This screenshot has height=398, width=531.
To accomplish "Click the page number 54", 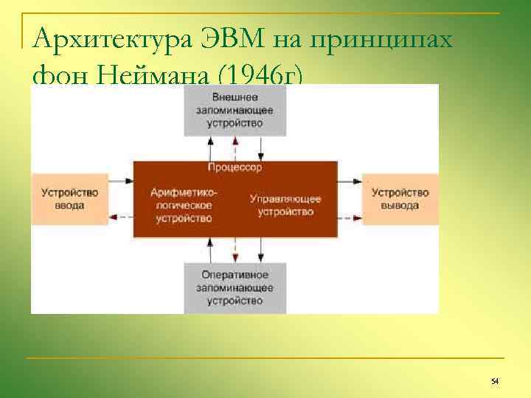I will tap(495, 380).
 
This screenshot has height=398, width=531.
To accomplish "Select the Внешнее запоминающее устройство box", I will tap(235, 111).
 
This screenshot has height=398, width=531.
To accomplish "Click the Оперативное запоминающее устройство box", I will tap(235, 287).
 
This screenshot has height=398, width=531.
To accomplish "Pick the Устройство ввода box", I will tap(69, 199).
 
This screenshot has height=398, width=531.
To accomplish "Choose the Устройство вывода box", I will tap(400, 199).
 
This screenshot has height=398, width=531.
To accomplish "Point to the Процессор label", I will tap(235, 168).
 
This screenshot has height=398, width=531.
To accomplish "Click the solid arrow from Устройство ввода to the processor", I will tap(120, 179).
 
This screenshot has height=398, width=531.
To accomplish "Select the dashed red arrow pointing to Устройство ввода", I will tap(120, 217).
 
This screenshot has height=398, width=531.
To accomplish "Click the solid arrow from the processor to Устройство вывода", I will tap(350, 179).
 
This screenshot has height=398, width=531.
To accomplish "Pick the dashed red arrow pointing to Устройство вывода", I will tap(350, 217).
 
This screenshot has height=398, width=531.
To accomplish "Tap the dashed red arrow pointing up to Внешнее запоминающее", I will tap(235, 147).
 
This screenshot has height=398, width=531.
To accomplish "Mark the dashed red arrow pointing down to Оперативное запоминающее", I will tap(235, 250).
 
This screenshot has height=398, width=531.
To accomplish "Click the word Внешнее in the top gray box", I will tap(235, 97).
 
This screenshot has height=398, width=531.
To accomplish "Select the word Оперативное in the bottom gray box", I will tap(235, 275).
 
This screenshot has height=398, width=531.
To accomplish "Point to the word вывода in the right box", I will tap(400, 206).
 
